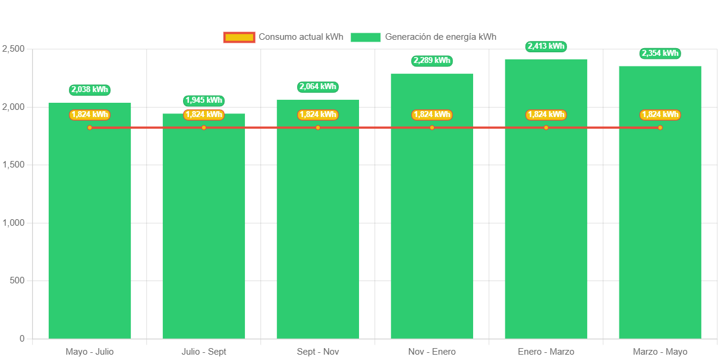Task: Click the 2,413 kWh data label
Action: point(546,46)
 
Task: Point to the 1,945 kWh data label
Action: point(204,100)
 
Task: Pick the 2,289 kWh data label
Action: point(432,61)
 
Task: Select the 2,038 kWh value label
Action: point(90,90)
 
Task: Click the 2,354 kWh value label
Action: point(660,53)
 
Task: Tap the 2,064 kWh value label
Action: point(318,87)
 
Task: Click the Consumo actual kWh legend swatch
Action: point(239,37)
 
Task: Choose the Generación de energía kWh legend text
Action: point(440,37)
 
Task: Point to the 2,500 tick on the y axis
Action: point(13,48)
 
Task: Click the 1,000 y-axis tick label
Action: point(13,222)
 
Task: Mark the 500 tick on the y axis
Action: point(17,280)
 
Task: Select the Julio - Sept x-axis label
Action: point(204,352)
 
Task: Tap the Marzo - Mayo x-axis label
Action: point(660,352)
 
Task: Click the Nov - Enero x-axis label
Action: point(432,352)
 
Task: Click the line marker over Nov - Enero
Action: point(432,128)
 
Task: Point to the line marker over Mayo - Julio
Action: point(90,128)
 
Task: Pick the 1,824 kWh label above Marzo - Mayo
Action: point(660,115)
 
